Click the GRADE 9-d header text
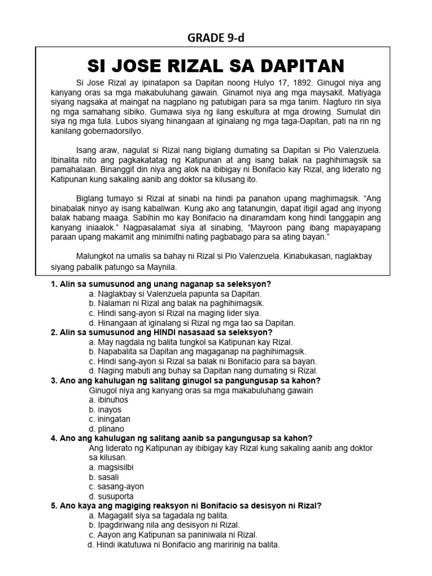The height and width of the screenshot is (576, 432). point(215,38)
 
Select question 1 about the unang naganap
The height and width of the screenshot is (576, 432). point(165,285)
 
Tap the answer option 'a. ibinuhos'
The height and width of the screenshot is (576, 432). point(109,400)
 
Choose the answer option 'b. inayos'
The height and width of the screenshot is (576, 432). point(105,409)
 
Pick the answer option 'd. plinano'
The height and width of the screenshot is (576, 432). point(106,429)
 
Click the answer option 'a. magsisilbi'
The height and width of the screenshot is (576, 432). point(111,467)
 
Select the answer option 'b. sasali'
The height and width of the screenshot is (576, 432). point(105,477)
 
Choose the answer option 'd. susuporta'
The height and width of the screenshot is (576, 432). point(111,496)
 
